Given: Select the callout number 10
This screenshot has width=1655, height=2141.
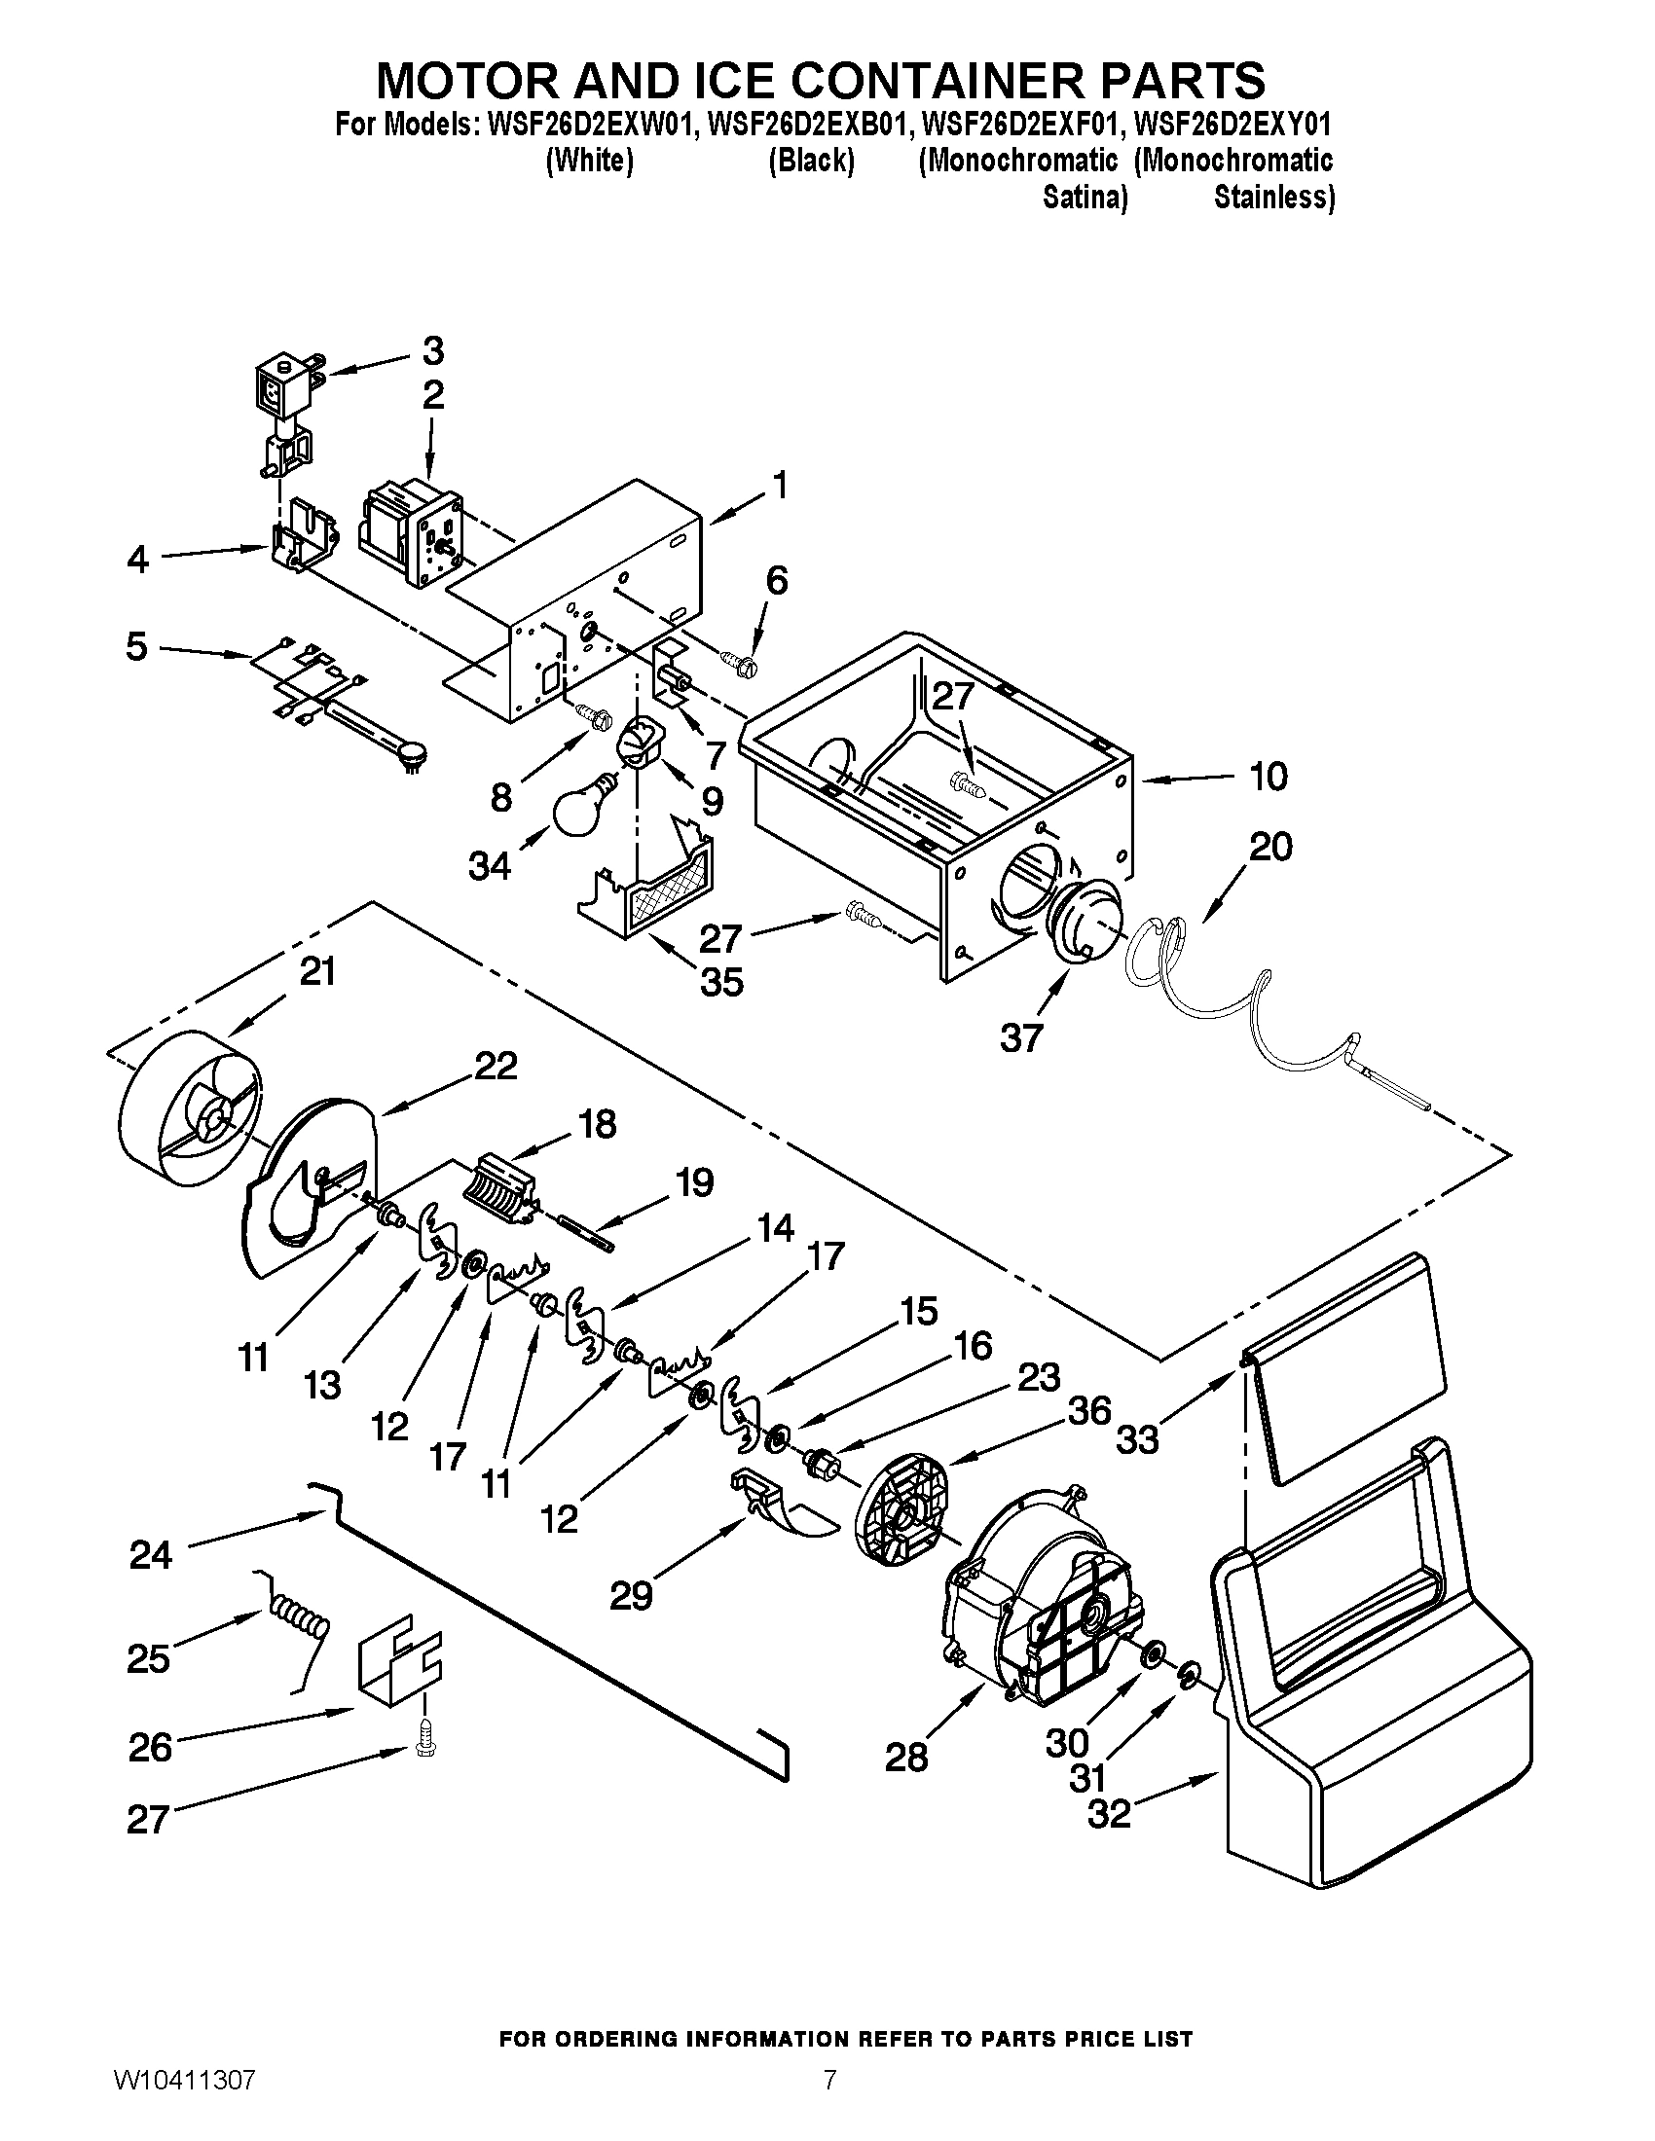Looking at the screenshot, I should click(x=1268, y=777).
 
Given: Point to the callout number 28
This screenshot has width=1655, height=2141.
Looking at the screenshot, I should click(x=905, y=1757).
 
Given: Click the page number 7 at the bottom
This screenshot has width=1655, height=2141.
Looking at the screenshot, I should click(x=829, y=2100).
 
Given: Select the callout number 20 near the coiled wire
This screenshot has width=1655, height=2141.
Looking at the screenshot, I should click(x=1270, y=846).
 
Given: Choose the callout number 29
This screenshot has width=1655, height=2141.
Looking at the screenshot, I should click(x=631, y=1596).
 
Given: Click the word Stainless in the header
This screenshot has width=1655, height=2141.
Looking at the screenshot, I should click(x=1273, y=197).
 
